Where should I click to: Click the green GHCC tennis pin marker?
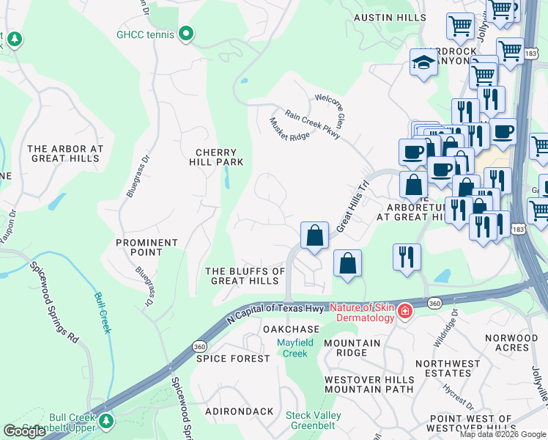(186, 33)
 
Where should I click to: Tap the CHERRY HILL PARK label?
(216, 157)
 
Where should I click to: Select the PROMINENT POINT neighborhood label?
(147, 247)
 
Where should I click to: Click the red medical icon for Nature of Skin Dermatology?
(404, 313)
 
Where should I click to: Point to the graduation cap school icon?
(424, 64)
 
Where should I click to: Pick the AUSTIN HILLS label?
(390, 17)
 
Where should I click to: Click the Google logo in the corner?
(24, 431)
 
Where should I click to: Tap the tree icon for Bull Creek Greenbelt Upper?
(107, 420)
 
